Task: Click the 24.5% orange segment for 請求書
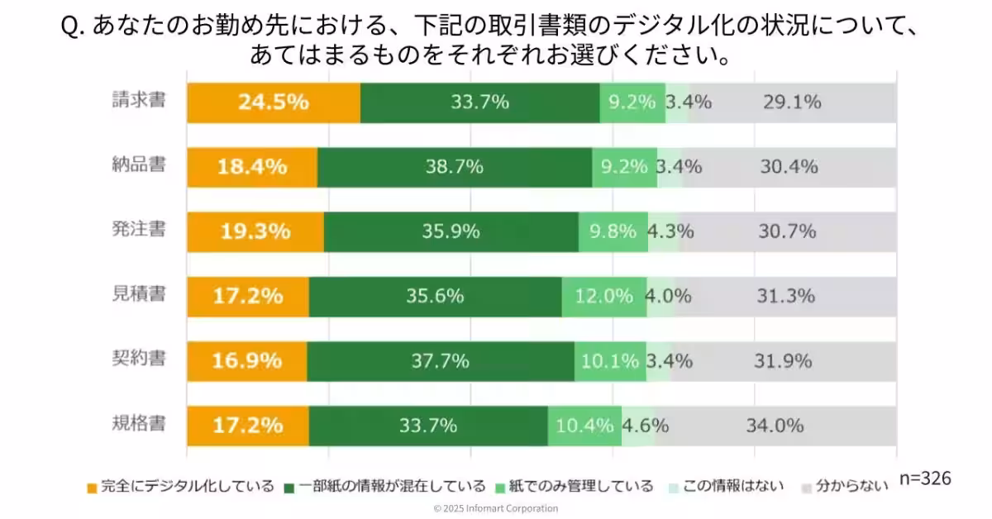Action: pos(273,102)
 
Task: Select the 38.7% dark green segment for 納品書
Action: pos(454,167)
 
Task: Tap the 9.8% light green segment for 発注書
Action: pos(613,231)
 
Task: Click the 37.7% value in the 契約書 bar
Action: pos(440,361)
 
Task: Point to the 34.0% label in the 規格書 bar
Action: pos(775,426)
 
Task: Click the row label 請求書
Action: pos(139,101)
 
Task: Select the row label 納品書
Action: pos(139,165)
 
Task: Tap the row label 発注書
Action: pos(139,230)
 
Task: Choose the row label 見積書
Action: pos(139,294)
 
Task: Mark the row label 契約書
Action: pos(139,359)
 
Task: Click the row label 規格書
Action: pos(139,424)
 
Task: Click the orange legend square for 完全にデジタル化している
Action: pos(92,487)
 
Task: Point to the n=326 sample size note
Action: pos(924,479)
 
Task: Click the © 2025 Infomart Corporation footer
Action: pos(496,508)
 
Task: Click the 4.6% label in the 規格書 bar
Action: pos(645,426)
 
